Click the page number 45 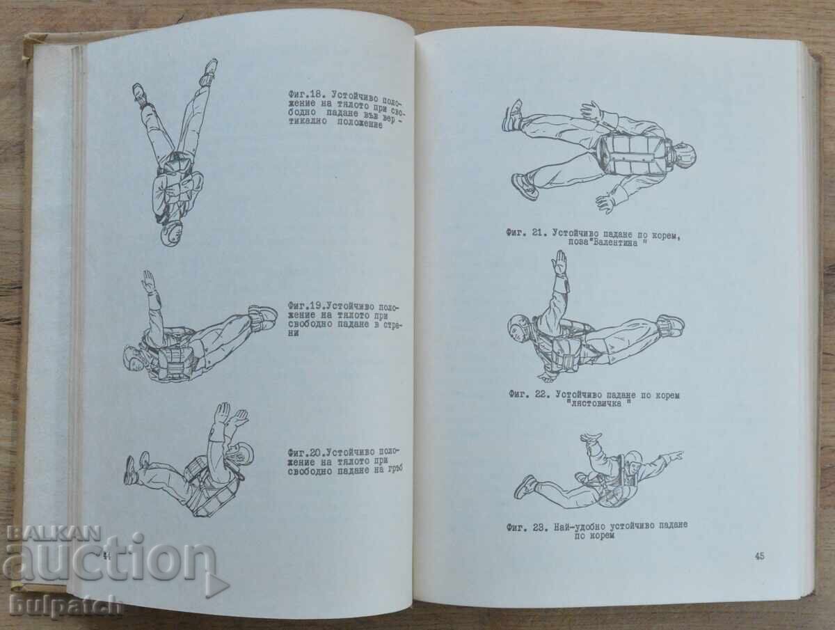(x=759, y=556)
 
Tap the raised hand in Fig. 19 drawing (x=148, y=282)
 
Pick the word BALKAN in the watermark (x=54, y=534)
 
